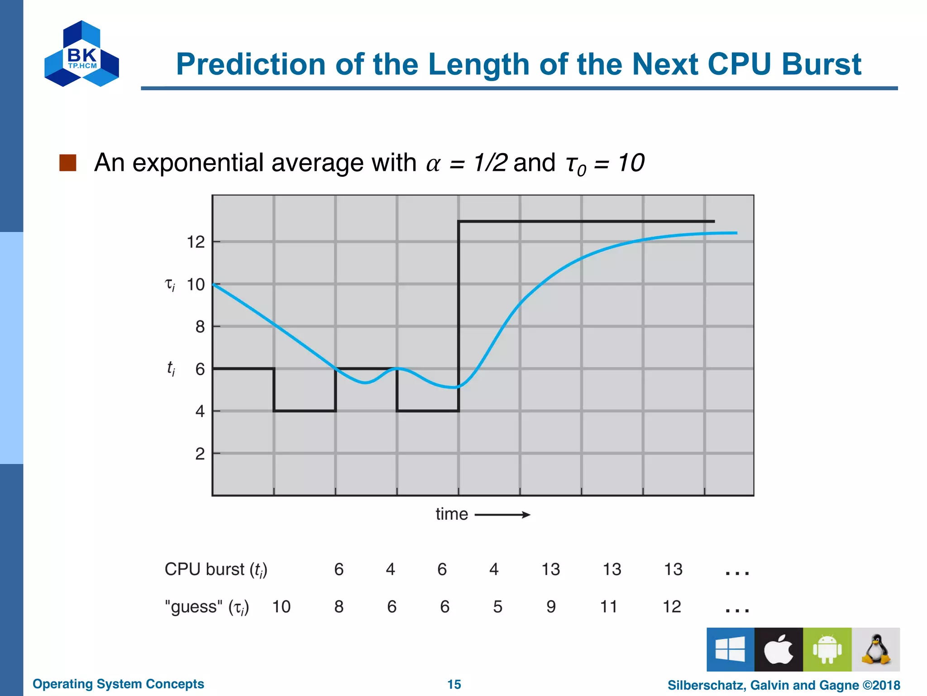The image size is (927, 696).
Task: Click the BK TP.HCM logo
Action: [x=82, y=54]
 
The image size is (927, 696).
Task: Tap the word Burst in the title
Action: [x=821, y=64]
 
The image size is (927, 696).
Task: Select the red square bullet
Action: [x=68, y=163]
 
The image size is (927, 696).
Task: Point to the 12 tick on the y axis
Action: [x=196, y=242]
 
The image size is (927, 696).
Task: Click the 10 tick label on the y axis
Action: [x=196, y=285]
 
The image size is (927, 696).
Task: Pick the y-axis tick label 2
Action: [x=200, y=454]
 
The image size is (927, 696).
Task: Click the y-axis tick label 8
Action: [x=200, y=327]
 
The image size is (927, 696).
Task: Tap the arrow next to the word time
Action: [x=502, y=515]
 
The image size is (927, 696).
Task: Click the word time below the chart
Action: [x=452, y=514]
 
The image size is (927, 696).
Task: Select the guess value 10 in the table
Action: [x=281, y=607]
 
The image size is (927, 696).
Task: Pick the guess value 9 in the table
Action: [x=551, y=607]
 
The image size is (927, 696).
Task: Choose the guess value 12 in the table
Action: [x=672, y=607]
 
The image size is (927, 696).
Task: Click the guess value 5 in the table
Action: [x=497, y=607]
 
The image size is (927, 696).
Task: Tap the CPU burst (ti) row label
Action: [x=216, y=570]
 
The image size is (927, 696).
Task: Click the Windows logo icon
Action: [x=730, y=649]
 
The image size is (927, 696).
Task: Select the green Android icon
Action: [x=827, y=649]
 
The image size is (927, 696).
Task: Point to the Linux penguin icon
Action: [x=876, y=649]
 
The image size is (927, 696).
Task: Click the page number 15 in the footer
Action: [x=454, y=684]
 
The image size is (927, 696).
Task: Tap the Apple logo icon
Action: [x=779, y=649]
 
